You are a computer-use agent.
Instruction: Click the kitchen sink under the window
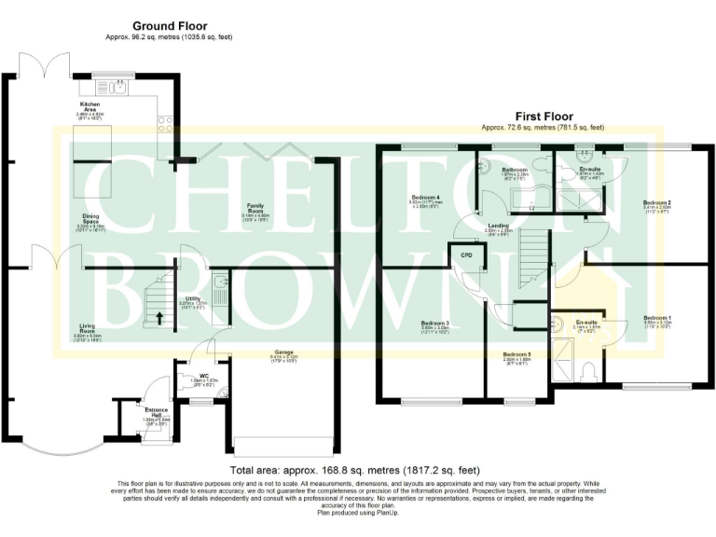[x=118, y=88]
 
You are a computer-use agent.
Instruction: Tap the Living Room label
[x=87, y=328]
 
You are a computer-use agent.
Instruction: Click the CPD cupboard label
[x=466, y=253]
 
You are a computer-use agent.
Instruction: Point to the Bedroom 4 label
[x=424, y=199]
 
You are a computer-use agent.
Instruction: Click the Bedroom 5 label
[x=516, y=356]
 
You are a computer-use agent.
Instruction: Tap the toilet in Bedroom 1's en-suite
[x=585, y=372]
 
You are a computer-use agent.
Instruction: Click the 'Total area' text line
[x=358, y=471]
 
